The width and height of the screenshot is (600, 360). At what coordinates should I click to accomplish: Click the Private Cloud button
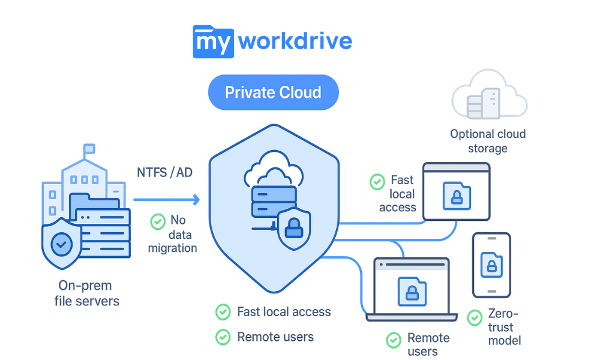(x=273, y=93)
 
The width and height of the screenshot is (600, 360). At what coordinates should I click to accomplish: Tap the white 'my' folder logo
(x=212, y=41)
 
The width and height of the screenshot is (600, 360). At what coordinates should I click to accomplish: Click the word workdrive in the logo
(x=295, y=41)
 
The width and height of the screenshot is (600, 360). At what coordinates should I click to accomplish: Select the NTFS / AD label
(x=164, y=173)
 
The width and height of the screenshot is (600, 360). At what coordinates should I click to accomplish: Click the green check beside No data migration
(x=157, y=221)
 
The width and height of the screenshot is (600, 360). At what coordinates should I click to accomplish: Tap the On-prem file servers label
(x=85, y=293)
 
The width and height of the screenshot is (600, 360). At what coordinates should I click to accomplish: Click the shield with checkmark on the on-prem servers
(x=61, y=243)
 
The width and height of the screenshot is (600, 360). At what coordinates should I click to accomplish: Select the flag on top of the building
(x=89, y=148)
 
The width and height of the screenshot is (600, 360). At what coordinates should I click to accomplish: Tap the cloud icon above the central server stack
(x=272, y=170)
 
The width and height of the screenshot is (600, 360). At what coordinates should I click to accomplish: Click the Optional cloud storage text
(x=487, y=141)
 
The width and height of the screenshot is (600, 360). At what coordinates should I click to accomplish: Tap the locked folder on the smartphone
(x=491, y=265)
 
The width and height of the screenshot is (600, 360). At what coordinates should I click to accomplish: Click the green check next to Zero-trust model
(x=475, y=317)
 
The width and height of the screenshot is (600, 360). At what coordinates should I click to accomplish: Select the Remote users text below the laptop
(x=428, y=344)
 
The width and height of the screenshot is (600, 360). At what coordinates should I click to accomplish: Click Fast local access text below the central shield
(x=284, y=312)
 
